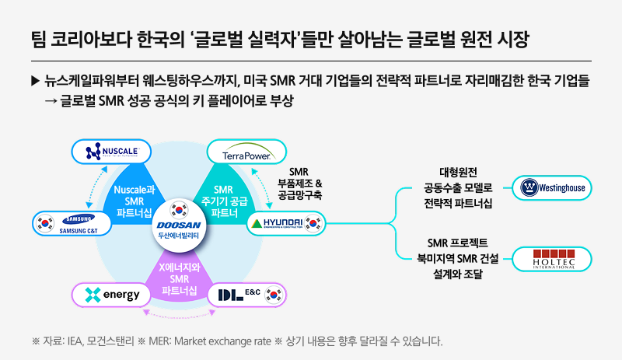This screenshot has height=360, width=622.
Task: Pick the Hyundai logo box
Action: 287,224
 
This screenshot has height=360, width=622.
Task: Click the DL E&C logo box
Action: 248,295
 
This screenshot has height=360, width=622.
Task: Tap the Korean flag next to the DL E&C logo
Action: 273,295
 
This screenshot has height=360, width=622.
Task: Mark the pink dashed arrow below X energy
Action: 180,316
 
